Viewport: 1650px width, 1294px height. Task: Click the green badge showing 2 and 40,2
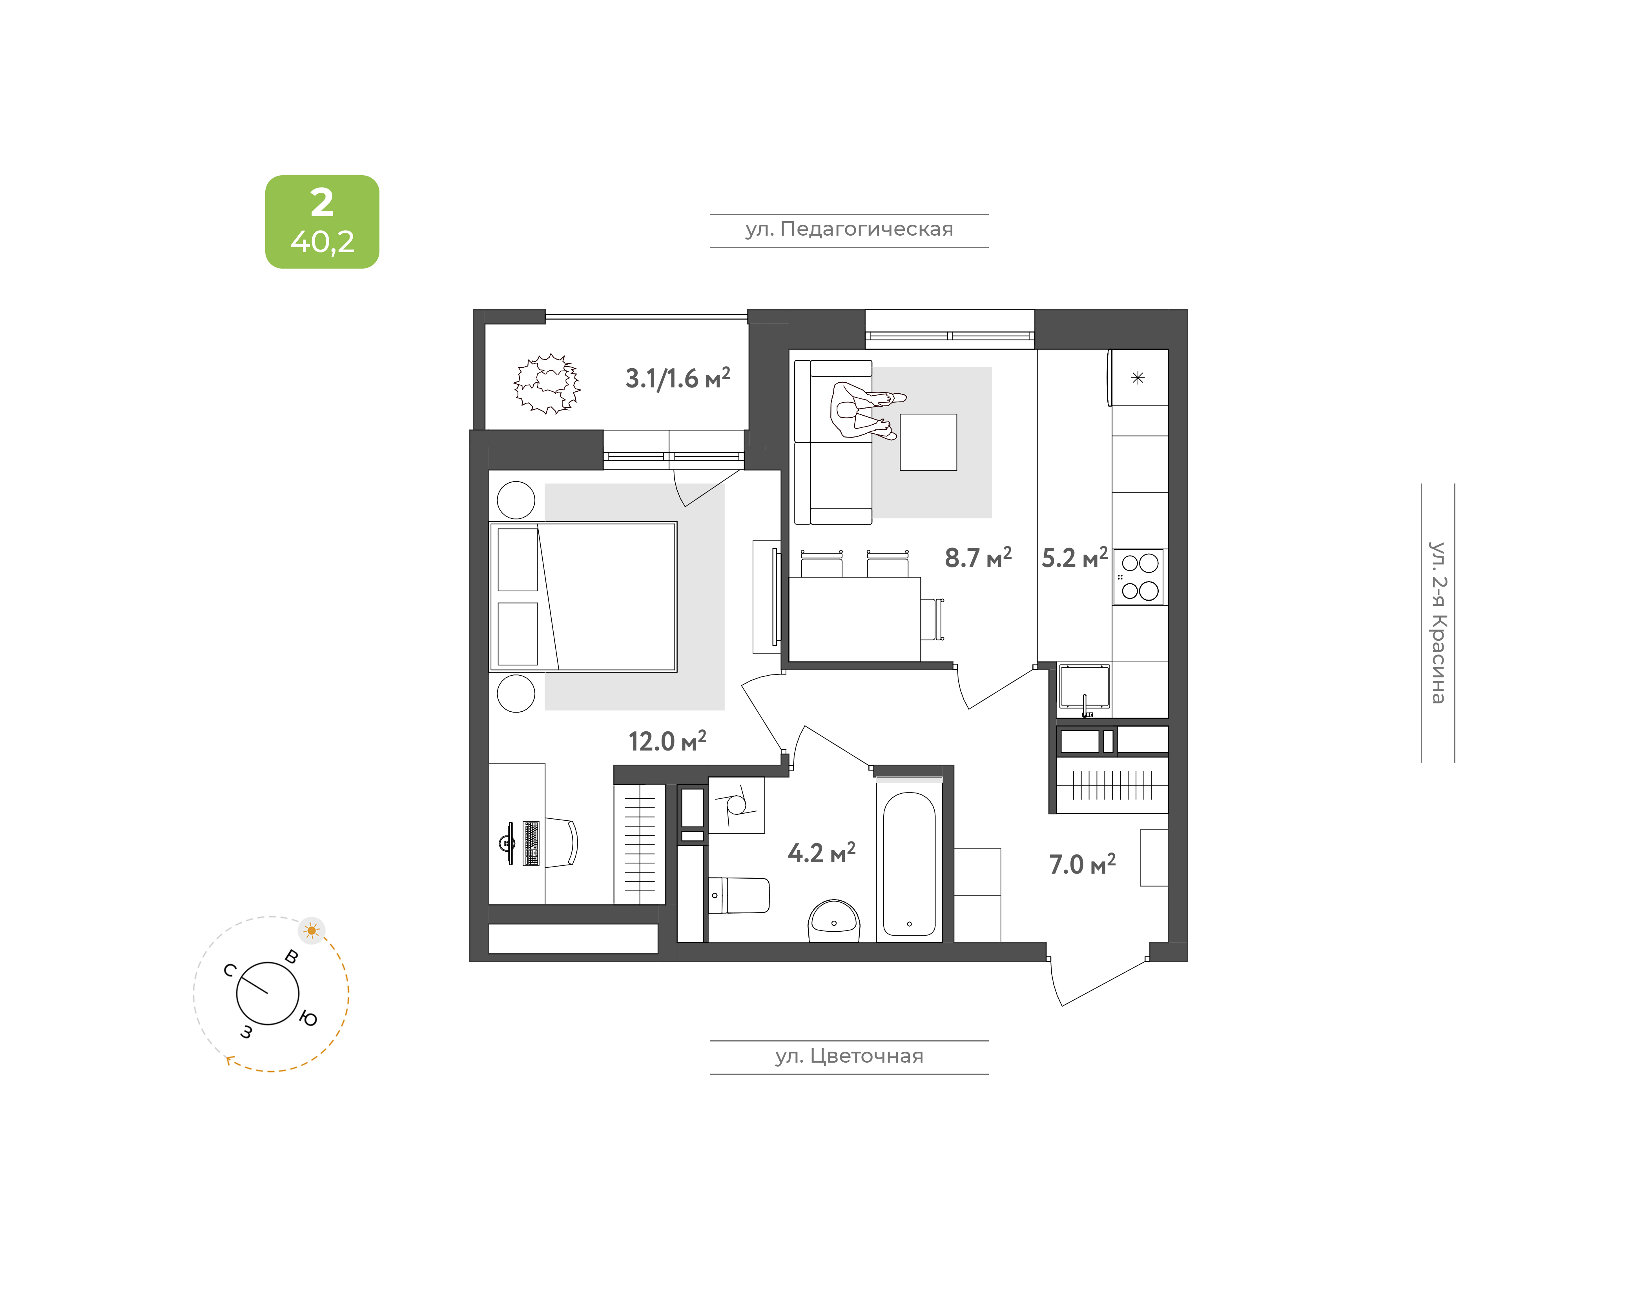click(322, 222)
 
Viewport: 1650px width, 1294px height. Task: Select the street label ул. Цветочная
click(849, 1056)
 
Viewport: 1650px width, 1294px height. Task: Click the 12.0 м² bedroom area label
click(667, 740)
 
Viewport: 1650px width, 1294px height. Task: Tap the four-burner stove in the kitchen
click(1139, 576)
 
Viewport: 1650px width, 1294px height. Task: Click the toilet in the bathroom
click(739, 896)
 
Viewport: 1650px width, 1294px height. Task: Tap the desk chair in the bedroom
click(561, 842)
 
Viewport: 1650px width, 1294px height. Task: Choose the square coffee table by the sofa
click(928, 442)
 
